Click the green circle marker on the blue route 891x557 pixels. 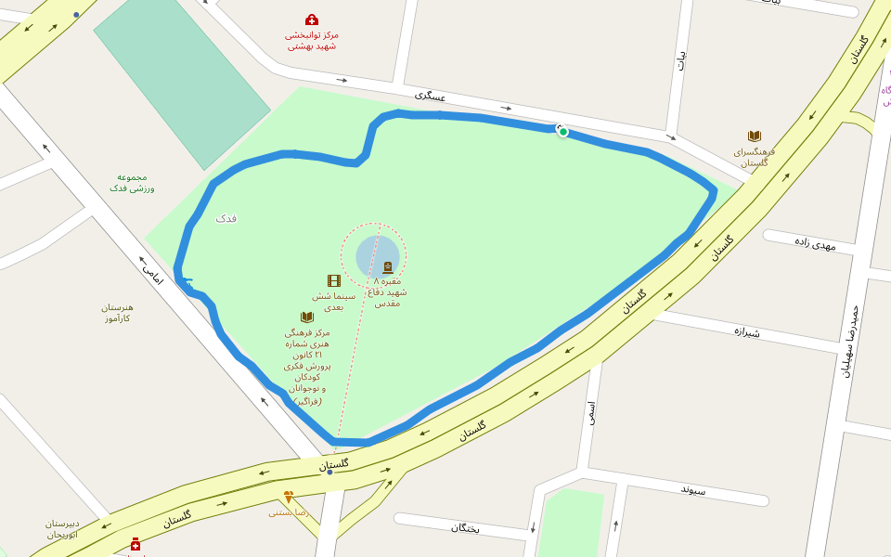563,132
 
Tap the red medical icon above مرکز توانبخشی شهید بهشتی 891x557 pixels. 312,19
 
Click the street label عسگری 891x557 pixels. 431,96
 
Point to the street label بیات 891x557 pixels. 682,59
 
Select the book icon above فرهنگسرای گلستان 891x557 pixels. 755,136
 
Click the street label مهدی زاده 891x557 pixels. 815,244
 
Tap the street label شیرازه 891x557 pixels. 747,330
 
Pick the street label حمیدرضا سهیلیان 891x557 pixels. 850,342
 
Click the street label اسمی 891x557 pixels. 590,412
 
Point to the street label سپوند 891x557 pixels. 693,489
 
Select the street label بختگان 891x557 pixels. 465,527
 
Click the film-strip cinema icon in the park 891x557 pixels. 334,280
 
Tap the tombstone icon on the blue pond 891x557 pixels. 388,267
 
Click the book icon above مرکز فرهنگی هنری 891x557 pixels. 307,317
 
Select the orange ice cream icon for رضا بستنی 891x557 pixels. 289,497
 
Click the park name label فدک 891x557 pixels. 226,219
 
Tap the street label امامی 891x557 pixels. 152,272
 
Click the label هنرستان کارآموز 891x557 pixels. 118,313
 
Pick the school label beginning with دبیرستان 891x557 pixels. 62,528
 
